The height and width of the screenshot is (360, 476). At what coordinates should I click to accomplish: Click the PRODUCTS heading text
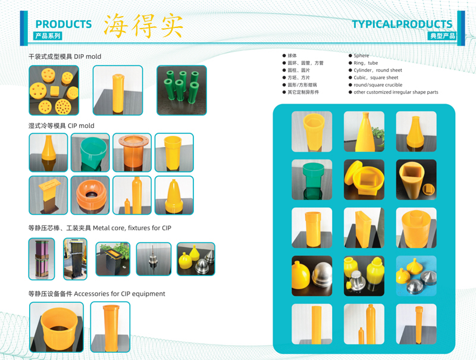coord(64,24)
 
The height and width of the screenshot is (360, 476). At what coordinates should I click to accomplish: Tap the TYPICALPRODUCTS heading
coord(402,24)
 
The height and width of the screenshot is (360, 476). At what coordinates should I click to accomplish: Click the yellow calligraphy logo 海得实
coord(143,24)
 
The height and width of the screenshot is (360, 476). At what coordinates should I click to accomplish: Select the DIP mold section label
coord(65,57)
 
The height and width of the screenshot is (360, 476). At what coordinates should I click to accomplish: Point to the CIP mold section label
coord(61,126)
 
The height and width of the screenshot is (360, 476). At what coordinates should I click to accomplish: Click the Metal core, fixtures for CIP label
coord(99,228)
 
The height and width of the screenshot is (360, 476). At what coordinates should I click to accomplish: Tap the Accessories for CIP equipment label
coord(96,294)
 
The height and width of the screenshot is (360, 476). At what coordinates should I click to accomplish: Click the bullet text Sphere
coord(361,55)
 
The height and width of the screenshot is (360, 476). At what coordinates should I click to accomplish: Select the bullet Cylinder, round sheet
coord(378,70)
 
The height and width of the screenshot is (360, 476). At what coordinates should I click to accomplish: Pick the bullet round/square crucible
coord(378,85)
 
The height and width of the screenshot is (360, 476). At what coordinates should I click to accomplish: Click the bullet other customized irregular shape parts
coord(396,92)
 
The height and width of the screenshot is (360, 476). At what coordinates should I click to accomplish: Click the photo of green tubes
coord(181,90)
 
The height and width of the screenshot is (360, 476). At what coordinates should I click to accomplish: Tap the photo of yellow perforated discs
coord(54,90)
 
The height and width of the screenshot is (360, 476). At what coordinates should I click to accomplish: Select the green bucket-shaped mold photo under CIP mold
coord(90,153)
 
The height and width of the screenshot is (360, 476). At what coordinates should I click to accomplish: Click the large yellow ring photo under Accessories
coord(57,327)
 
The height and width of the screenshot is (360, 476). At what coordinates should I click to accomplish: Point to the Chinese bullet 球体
coord(292,55)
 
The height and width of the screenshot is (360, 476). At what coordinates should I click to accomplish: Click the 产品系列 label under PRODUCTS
coord(48,36)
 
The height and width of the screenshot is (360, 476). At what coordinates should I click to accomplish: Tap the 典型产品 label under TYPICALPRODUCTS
coord(442,36)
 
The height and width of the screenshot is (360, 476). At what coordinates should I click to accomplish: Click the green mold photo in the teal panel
coord(312,179)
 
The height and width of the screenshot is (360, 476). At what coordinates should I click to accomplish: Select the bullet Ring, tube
coord(365,63)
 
